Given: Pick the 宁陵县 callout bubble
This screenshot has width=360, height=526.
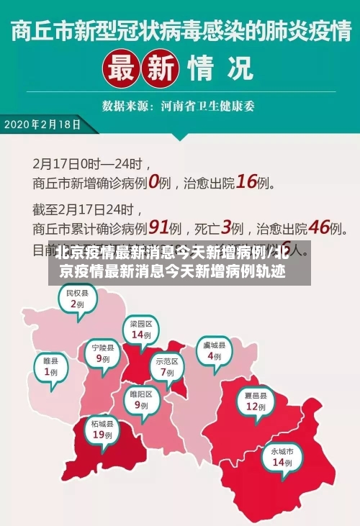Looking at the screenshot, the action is (x=103, y=353).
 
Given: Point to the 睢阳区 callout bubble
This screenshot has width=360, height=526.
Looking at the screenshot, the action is (x=140, y=399).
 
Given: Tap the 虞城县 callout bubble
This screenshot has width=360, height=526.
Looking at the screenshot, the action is (x=214, y=350).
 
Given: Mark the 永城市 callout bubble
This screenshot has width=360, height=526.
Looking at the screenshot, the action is (x=282, y=457).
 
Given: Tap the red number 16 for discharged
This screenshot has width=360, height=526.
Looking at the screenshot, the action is (x=246, y=182).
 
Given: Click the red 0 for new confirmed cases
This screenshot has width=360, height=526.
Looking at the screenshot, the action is (x=152, y=183).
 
